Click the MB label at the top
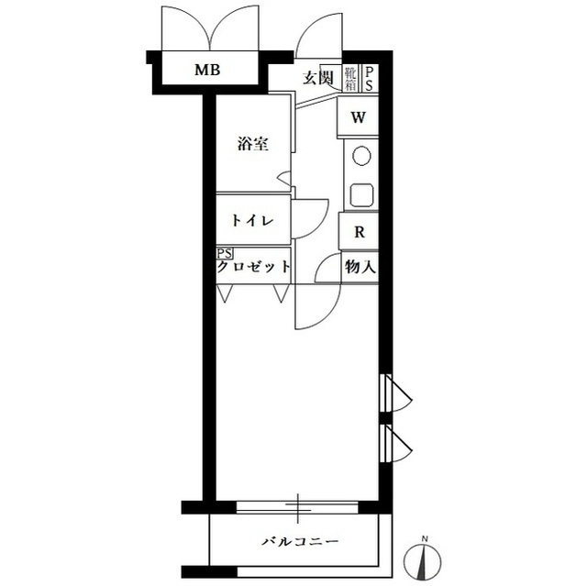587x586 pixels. tap(207, 70)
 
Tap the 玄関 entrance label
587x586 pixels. tap(318, 78)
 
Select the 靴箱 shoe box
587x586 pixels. tap(350, 78)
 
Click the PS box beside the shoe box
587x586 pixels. tap(369, 78)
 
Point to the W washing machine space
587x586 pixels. tap(358, 117)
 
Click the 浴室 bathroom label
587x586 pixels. tap(253, 144)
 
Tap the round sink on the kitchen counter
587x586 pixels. tap(361, 155)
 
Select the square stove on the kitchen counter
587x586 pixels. tap(361, 194)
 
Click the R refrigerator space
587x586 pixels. tap(359, 232)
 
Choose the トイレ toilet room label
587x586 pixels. tap(252, 220)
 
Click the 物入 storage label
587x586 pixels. tap(360, 267)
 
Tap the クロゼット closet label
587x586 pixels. tap(254, 267)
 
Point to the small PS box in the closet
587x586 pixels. tap(225, 254)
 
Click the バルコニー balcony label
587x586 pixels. tap(300, 541)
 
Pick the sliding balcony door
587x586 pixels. tap(297, 507)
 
